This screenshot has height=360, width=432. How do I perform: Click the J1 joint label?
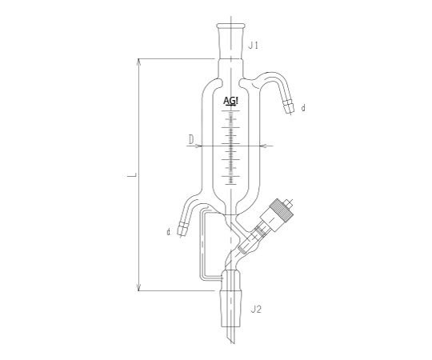coord(253,45)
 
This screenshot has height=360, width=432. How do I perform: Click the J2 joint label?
coord(256,310)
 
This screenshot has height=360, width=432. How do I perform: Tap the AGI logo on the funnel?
coord(230,102)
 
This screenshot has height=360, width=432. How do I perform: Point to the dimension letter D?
coord(191,140)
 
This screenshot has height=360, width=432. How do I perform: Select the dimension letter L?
coord(133,175)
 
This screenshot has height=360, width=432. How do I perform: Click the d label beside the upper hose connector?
coord(303,108)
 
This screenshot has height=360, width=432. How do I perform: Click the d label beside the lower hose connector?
coord(168,232)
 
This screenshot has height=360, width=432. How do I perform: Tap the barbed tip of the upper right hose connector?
coord(289,107)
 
